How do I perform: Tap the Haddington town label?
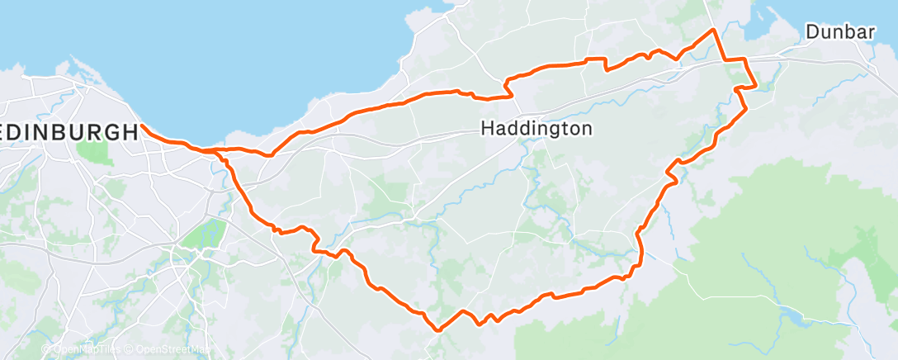coord(536,129)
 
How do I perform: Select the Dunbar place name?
coord(840,32)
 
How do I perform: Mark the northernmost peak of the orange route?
coord(713,30)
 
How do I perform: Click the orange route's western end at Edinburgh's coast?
coord(142,126)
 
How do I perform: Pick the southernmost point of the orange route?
coord(437,330)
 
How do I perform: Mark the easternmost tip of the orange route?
coord(756,85)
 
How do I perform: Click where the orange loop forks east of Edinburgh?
coord(216,152)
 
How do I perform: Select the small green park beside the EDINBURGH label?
coord(94,152)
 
